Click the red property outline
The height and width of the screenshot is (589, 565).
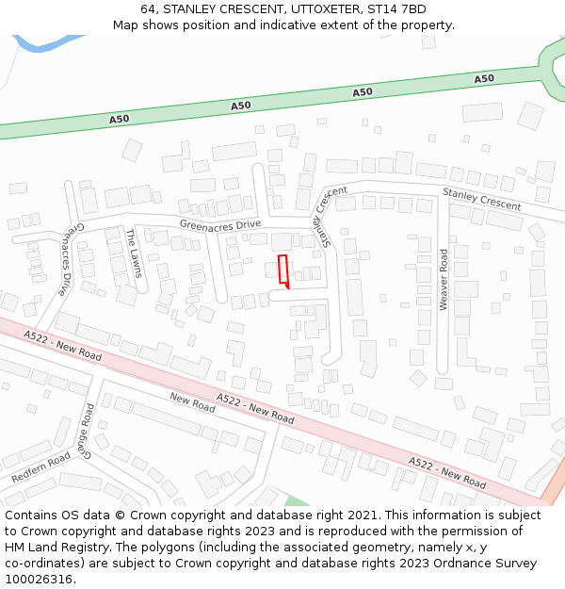tap(283, 270)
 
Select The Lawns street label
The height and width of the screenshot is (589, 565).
tap(134, 253)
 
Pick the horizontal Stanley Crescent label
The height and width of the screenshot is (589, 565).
tap(481, 199)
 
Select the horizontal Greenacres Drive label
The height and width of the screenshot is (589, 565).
tap(219, 224)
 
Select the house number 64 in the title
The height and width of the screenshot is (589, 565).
tap(149, 9)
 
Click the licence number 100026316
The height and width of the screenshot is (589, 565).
tap(39, 580)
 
